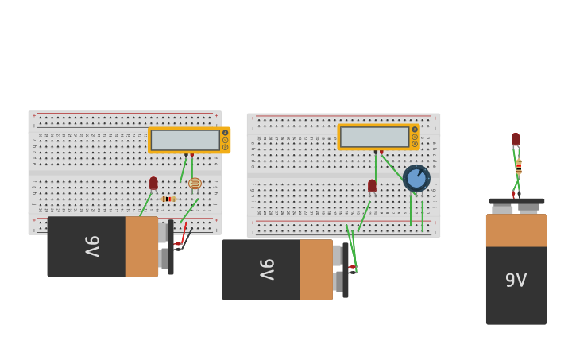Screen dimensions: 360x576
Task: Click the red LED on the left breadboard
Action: tap(153, 183)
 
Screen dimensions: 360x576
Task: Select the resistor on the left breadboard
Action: tap(167, 199)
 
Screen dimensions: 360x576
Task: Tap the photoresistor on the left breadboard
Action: tap(195, 184)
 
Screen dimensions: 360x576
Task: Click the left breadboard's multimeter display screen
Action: tap(185, 140)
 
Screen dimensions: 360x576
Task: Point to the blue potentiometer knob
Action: tap(416, 178)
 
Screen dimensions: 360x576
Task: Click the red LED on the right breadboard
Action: tap(372, 185)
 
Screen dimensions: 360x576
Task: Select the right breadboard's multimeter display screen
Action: tap(374, 137)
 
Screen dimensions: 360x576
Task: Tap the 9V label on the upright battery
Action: tap(516, 280)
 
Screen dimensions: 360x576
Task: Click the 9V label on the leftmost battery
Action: tap(92, 246)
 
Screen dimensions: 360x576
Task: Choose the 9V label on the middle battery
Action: tap(267, 269)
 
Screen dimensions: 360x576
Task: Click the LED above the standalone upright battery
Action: tap(516, 139)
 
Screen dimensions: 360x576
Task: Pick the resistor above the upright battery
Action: tap(519, 167)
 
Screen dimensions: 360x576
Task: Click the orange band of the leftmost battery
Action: tap(141, 246)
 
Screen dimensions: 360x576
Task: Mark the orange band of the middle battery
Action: tap(316, 269)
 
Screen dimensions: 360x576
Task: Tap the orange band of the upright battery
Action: tap(516, 230)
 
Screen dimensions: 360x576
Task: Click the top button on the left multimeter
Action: tap(226, 132)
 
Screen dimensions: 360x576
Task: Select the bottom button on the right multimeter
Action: tap(415, 144)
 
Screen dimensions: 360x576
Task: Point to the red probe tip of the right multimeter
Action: tap(381, 152)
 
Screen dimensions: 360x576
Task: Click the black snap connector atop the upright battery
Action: tap(516, 202)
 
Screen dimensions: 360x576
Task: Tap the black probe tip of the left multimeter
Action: tap(186, 155)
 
